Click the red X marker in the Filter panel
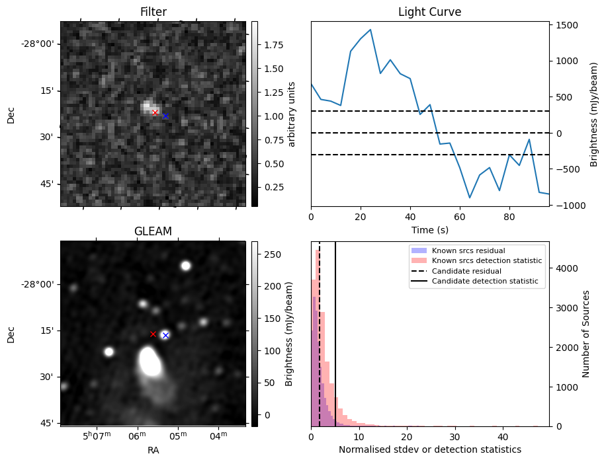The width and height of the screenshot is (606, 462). (x=155, y=113)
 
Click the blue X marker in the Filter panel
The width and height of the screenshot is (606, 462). (x=165, y=116)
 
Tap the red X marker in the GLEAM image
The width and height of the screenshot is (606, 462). (x=153, y=334)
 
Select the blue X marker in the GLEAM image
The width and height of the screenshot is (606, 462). (x=165, y=336)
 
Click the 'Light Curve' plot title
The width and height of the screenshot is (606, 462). (x=429, y=13)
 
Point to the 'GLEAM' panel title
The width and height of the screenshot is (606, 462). (x=153, y=231)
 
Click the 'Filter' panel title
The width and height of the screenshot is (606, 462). (x=153, y=13)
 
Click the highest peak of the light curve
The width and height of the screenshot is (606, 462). (x=370, y=30)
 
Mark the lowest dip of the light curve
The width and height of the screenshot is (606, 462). (x=470, y=198)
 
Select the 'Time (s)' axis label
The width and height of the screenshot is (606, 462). (x=429, y=230)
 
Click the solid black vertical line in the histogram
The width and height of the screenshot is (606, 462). (x=335, y=330)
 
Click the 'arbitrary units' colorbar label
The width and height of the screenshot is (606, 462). (x=292, y=114)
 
